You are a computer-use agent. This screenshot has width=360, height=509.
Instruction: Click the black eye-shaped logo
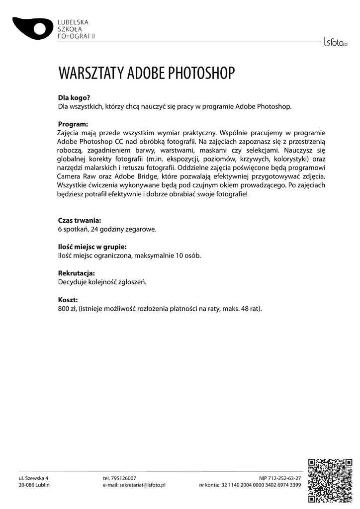point(33,27)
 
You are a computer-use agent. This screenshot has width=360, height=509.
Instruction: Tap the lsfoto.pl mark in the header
point(336,42)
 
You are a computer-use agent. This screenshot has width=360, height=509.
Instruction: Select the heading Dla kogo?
point(74,98)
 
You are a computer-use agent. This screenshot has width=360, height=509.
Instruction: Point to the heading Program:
point(73,124)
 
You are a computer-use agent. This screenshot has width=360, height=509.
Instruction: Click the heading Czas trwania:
point(80,220)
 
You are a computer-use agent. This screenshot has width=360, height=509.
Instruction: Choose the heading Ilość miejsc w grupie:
point(91,247)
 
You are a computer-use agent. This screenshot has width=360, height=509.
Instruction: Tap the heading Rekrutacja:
point(76,273)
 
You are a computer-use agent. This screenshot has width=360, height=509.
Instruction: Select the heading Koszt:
point(68,300)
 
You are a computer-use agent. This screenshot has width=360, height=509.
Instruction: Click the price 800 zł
point(66,309)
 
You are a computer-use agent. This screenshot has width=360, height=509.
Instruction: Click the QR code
point(330,480)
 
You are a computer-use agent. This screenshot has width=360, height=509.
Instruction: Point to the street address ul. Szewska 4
point(33,478)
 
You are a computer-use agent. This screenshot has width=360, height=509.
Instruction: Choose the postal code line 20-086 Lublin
point(34,485)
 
